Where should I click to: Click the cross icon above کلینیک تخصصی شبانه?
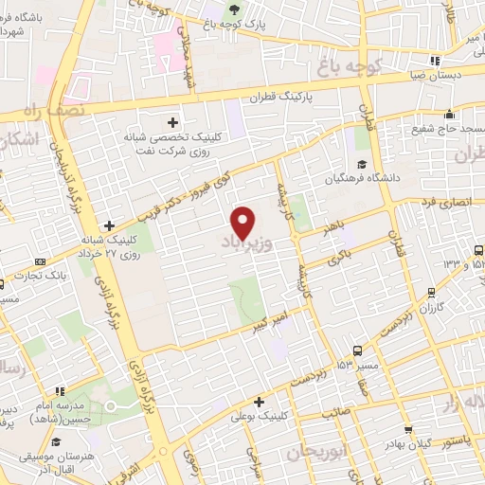tap(171, 121)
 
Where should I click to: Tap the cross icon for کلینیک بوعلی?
tap(258, 401)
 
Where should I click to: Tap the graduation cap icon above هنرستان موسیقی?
tap(56, 442)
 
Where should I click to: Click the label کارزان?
tap(431, 309)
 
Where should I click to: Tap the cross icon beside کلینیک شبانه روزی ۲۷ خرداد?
tap(110, 225)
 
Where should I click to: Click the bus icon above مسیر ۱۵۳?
tap(359, 350)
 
